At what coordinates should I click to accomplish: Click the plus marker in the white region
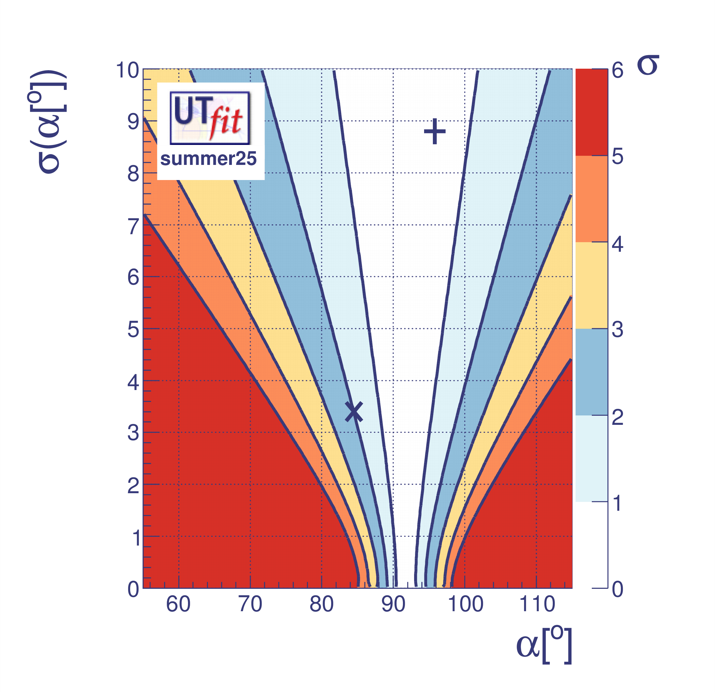pyautogui.click(x=434, y=131)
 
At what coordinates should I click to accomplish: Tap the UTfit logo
pyautogui.click(x=210, y=118)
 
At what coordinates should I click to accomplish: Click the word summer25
pyautogui.click(x=208, y=159)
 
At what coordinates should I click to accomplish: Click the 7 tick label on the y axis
pyautogui.click(x=133, y=227)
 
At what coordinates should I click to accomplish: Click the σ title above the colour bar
pyautogui.click(x=648, y=66)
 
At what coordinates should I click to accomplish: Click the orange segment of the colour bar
pyautogui.click(x=591, y=199)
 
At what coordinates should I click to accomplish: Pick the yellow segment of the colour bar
pyautogui.click(x=591, y=285)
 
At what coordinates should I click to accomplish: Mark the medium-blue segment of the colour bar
pyautogui.click(x=591, y=372)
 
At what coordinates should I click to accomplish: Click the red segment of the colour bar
pyautogui.click(x=591, y=112)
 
